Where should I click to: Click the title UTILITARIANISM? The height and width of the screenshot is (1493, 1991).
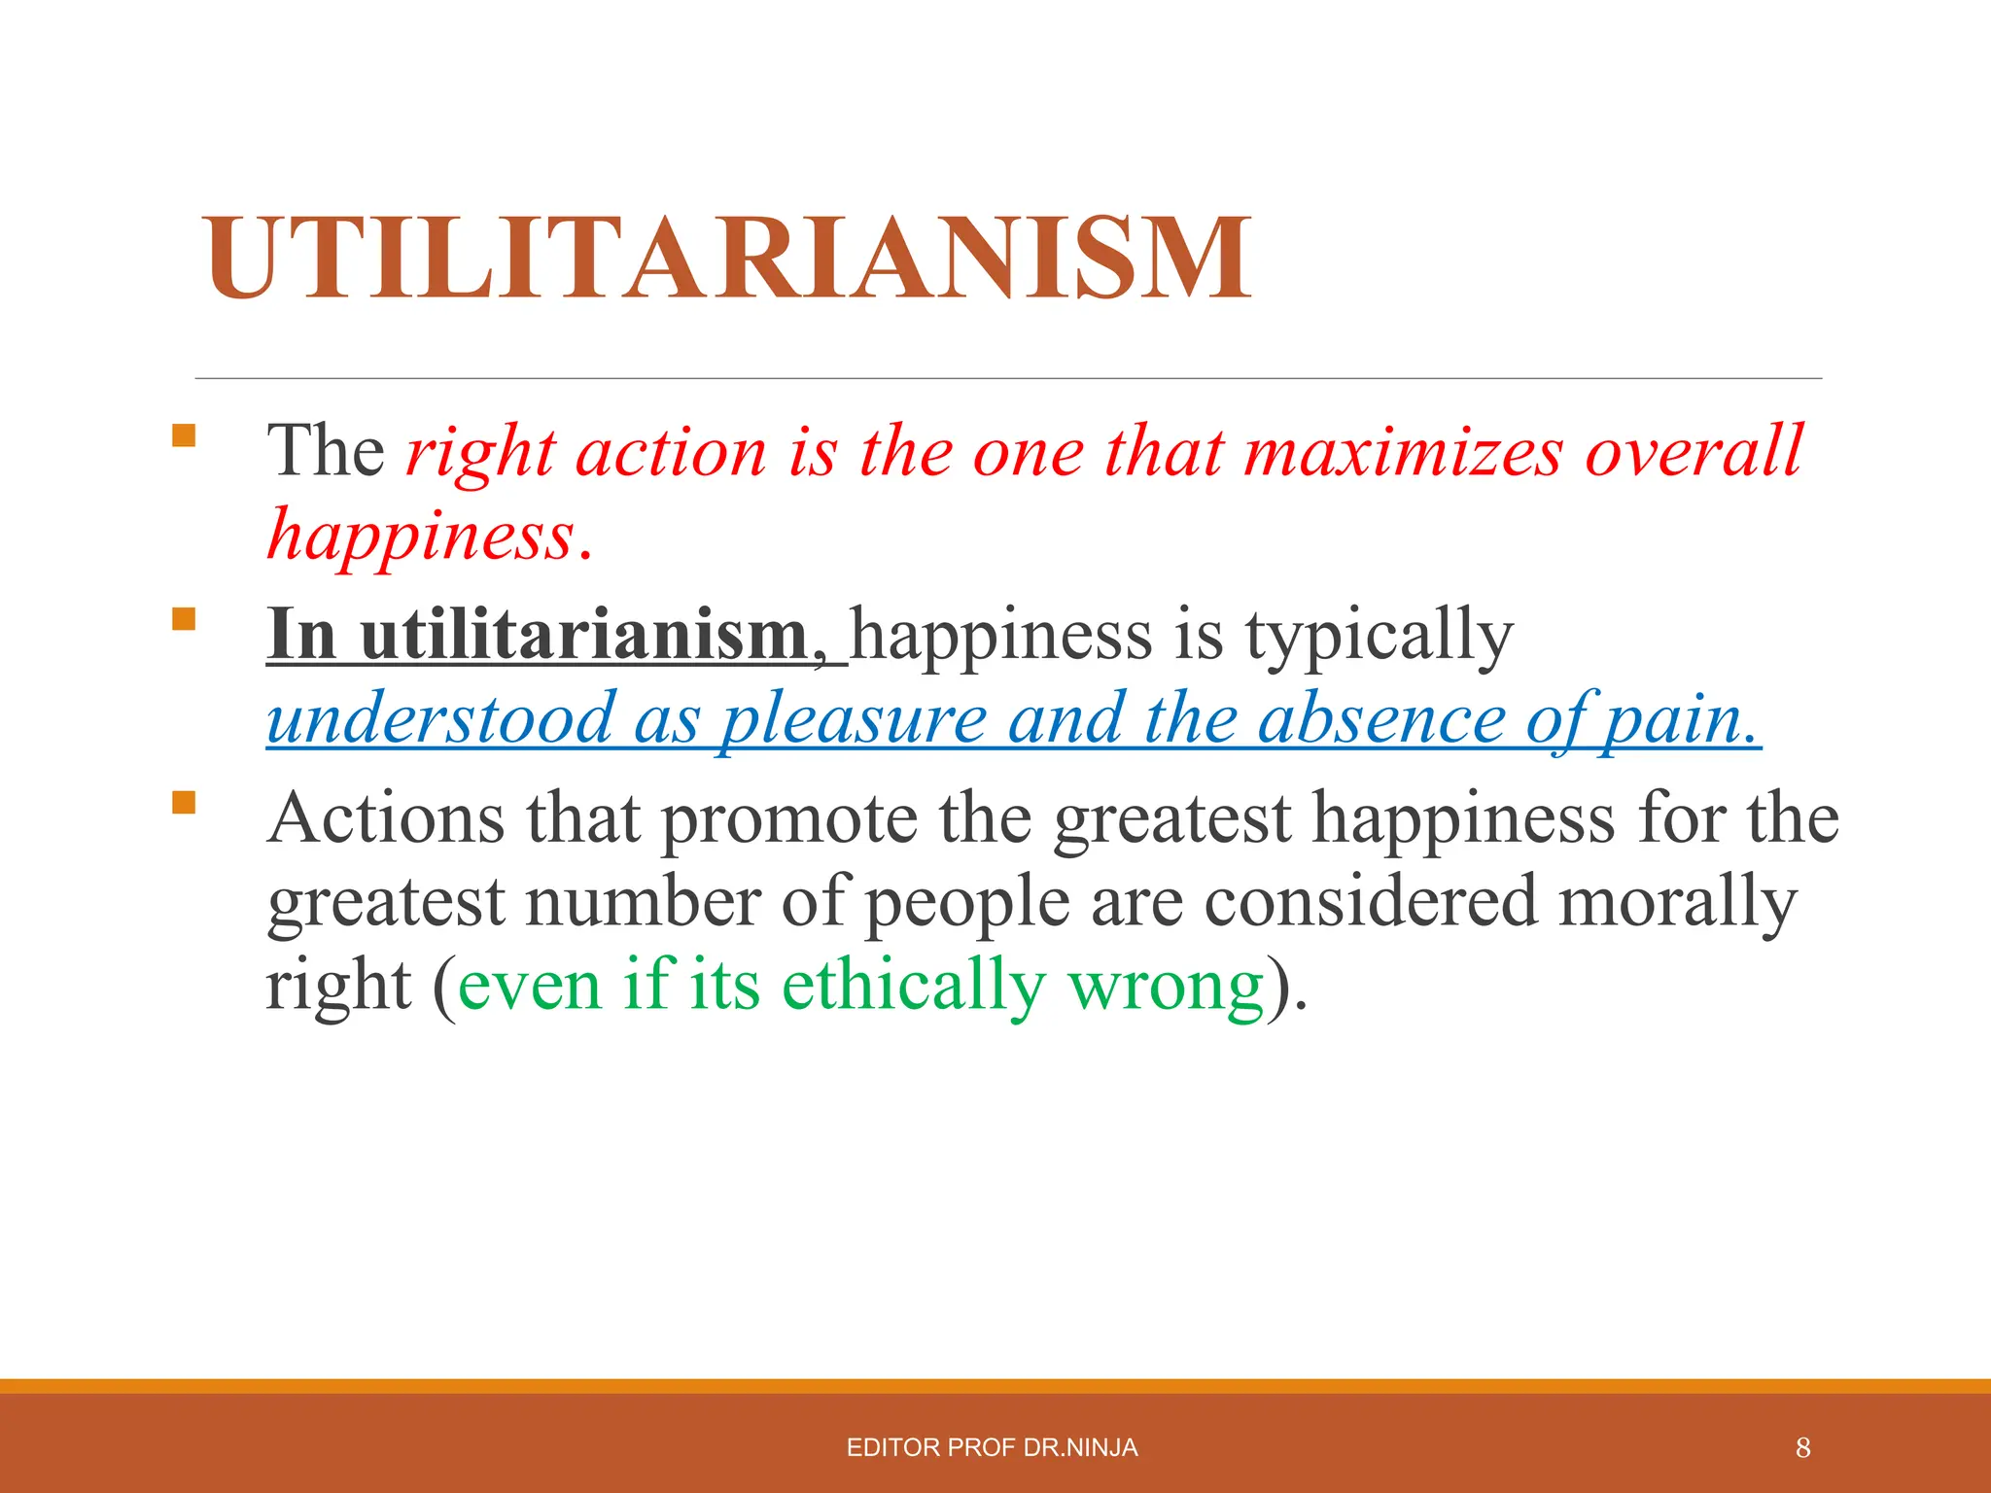click(727, 258)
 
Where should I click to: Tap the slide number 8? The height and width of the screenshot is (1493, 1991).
click(1802, 1448)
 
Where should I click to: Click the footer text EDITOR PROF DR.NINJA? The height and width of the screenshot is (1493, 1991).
click(992, 1448)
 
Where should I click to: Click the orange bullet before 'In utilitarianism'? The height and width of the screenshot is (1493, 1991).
click(183, 619)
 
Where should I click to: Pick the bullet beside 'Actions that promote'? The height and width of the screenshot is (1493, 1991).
click(183, 802)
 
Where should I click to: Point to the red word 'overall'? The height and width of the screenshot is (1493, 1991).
click(1694, 452)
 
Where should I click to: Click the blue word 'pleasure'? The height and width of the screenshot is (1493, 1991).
click(854, 720)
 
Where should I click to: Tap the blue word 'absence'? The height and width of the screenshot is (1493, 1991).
click(1380, 720)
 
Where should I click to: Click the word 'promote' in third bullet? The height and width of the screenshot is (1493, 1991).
click(789, 819)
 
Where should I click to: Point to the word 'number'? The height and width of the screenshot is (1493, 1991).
click(642, 902)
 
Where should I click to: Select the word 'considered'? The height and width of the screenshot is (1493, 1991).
click(1371, 902)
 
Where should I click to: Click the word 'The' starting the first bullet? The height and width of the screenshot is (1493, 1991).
click(327, 452)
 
